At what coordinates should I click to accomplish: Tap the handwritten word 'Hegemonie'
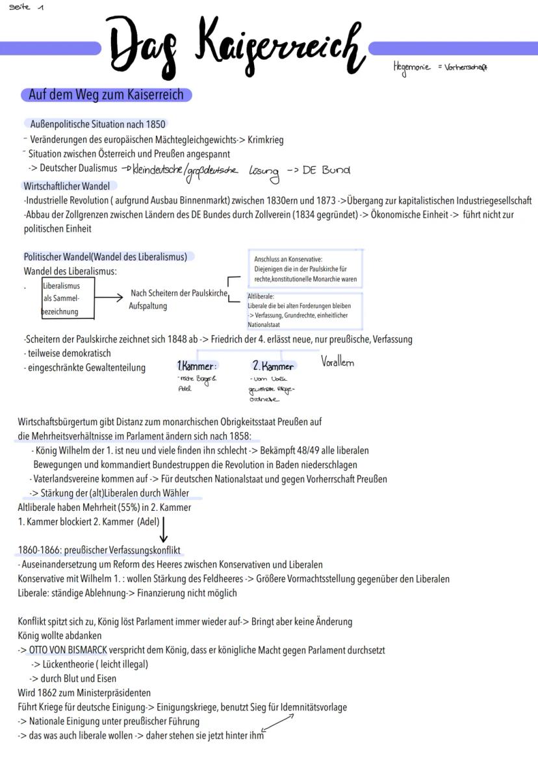pyautogui.click(x=410, y=66)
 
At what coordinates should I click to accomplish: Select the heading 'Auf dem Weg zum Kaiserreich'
pyautogui.click(x=106, y=95)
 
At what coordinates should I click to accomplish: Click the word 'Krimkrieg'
pyautogui.click(x=266, y=140)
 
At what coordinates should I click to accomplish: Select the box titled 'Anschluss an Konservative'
pyautogui.click(x=305, y=269)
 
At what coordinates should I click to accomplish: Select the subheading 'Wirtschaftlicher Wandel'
pyautogui.click(x=66, y=186)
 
